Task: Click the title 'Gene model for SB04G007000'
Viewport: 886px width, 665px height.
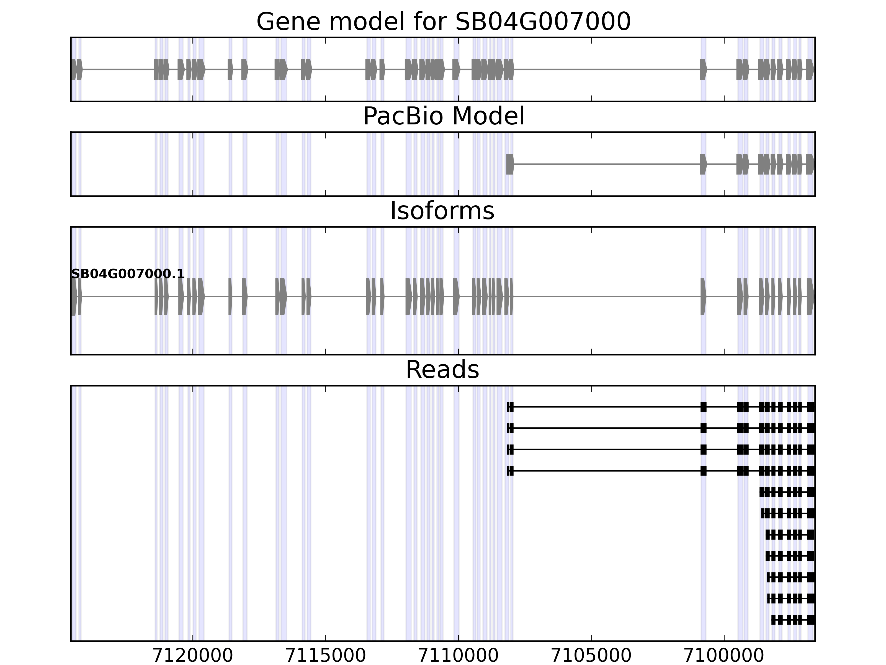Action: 443,22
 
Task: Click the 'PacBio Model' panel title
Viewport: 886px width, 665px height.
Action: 443,116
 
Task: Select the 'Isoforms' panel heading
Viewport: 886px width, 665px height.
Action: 442,211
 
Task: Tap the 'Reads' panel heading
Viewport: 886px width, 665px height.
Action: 442,370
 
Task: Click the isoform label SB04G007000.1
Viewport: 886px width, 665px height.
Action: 128,274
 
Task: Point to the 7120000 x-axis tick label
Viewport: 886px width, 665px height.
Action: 193,656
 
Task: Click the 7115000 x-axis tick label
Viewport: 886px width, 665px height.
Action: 326,656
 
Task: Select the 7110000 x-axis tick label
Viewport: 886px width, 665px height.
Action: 458,656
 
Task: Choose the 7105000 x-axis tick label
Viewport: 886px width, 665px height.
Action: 591,656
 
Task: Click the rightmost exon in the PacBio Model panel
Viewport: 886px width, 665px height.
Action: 810,164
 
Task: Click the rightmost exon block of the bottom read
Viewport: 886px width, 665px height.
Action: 811,620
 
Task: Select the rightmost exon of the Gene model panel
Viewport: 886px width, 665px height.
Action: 810,69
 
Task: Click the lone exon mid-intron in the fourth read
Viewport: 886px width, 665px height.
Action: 703,470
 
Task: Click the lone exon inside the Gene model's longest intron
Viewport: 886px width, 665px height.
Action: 703,69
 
